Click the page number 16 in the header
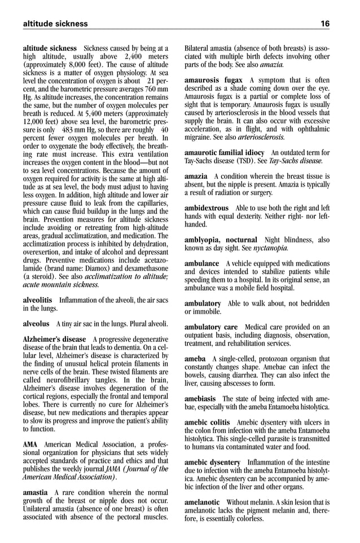click(325, 24)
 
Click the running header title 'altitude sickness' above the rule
click(55, 24)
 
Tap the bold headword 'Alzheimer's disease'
click(54, 339)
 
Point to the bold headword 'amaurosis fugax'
click(214, 80)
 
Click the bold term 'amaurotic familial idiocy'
click(224, 153)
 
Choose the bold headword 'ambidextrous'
click(207, 208)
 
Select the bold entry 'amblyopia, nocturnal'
click(221, 240)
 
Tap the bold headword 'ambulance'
click(201, 263)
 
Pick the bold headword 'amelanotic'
click(202, 502)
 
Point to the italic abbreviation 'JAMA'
click(112, 469)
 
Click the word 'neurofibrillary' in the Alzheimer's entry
click(67, 379)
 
